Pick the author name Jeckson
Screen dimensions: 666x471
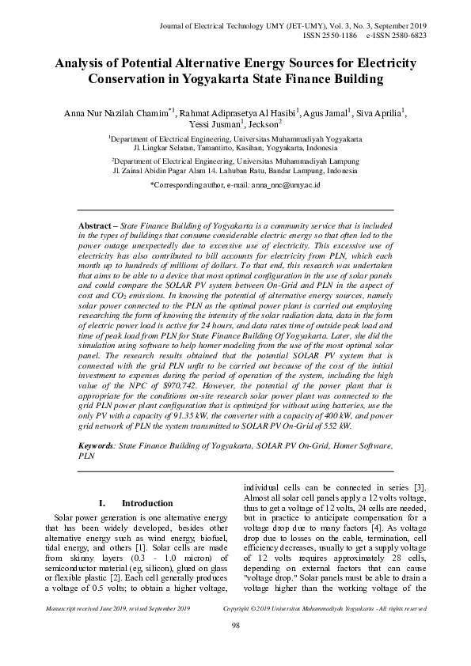point(261,125)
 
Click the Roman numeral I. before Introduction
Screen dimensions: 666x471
point(102,503)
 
